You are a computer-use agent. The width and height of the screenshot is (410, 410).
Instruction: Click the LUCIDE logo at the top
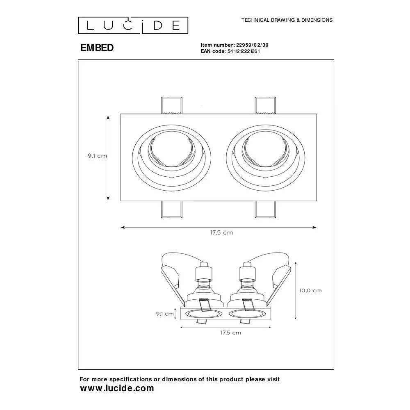point(133,25)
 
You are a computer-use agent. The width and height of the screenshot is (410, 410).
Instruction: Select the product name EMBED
point(97,48)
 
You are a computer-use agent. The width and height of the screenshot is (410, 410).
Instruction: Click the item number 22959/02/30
point(252,45)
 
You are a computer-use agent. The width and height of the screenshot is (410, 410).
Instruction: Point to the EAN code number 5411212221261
point(244,51)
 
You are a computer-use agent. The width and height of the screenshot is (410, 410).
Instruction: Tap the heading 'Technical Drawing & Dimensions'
point(287,20)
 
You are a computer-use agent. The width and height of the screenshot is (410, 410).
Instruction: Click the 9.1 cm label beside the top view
point(97,156)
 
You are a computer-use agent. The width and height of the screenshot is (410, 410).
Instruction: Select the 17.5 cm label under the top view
point(221,232)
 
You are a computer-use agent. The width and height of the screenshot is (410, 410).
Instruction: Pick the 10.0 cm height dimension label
point(310,291)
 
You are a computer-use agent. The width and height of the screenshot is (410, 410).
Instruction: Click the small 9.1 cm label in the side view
point(165,314)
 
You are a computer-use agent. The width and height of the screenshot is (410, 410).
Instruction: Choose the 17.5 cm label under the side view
point(230,333)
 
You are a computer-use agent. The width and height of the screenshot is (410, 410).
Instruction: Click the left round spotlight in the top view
point(171,158)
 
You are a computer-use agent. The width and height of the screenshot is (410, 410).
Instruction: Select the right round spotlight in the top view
point(265,158)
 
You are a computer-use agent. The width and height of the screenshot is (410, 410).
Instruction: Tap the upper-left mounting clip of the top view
point(171,106)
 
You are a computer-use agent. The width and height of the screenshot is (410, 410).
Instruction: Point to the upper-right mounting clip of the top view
point(265,106)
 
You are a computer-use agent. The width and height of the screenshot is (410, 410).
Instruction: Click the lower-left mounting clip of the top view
point(171,210)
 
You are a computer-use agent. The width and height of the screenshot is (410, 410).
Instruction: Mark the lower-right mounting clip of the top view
point(265,210)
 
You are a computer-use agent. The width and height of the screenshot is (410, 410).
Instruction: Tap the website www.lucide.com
point(117,388)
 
